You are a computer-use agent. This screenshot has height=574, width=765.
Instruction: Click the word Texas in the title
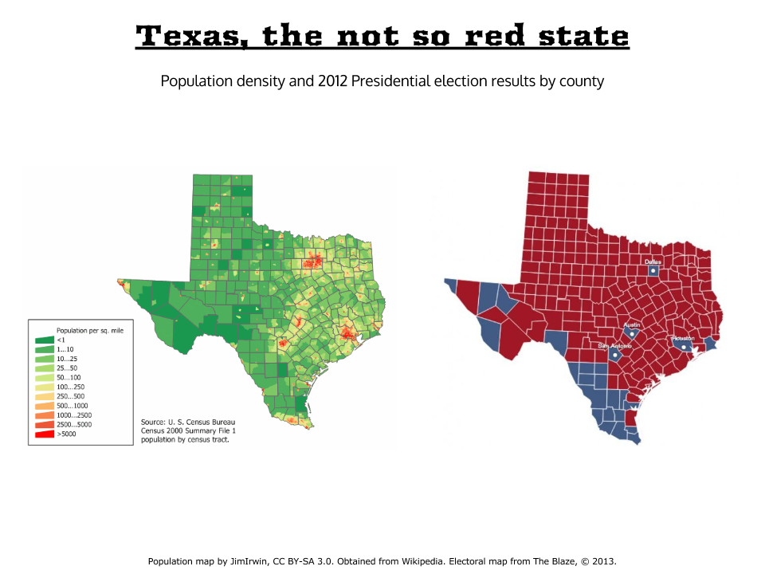[191, 36]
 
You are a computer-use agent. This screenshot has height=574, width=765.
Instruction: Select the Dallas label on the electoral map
[653, 261]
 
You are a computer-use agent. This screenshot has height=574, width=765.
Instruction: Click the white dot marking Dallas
[653, 271]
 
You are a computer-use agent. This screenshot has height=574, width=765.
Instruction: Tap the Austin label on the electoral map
[632, 325]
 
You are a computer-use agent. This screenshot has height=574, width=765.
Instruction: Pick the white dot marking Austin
[632, 335]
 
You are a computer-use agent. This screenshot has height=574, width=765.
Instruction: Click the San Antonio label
[614, 346]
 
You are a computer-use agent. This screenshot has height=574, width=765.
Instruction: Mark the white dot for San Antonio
[614, 356]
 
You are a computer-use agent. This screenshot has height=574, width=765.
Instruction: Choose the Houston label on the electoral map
[684, 338]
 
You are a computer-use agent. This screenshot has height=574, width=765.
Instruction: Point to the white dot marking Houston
[684, 347]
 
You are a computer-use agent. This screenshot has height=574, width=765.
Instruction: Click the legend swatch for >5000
[44, 434]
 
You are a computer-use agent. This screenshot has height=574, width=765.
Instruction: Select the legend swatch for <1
[44, 340]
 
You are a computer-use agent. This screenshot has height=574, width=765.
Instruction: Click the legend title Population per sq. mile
[89, 329]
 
